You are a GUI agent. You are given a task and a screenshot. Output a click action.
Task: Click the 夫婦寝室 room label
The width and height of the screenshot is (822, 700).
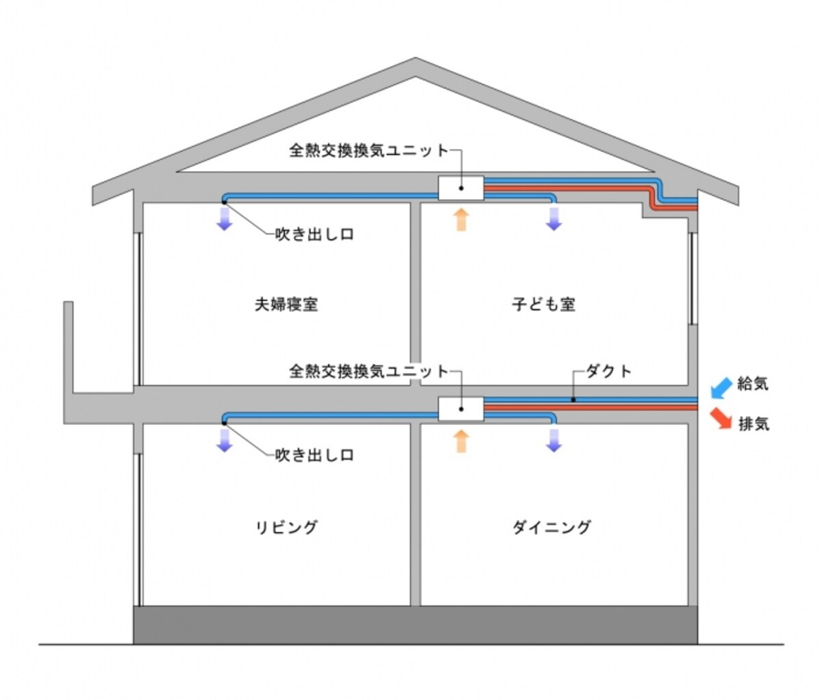286,304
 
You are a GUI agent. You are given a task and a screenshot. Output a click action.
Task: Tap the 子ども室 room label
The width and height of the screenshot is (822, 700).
543,304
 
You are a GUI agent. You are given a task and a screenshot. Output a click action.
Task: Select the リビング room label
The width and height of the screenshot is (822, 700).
286,527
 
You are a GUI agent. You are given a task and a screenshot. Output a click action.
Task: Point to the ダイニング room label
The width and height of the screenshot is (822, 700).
551,527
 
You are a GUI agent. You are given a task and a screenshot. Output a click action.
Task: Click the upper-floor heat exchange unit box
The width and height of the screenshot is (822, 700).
461,188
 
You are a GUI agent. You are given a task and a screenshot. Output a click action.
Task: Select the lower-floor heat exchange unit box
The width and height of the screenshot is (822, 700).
461,409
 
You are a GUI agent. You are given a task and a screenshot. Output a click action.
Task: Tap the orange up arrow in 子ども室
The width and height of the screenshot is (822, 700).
461,220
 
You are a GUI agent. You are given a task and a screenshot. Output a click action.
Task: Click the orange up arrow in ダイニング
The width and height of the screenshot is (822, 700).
461,441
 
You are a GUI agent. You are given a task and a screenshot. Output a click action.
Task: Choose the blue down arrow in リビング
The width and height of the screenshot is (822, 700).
224,441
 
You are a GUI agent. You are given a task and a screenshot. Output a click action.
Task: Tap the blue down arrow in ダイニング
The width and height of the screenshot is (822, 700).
553,441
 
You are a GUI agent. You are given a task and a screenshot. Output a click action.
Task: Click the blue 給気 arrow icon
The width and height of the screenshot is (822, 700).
721,388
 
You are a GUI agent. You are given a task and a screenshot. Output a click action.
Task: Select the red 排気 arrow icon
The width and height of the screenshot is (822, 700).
721,418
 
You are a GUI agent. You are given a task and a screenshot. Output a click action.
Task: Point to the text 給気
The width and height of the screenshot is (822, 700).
754,384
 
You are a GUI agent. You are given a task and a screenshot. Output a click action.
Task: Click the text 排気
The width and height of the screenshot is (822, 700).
754,424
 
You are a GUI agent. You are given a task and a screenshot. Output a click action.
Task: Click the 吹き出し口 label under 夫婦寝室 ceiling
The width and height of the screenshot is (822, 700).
314,235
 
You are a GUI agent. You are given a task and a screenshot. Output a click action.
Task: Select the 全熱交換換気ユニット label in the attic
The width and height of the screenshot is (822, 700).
369,151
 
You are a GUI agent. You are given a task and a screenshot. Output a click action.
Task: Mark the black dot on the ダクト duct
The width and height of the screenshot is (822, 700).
573,400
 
